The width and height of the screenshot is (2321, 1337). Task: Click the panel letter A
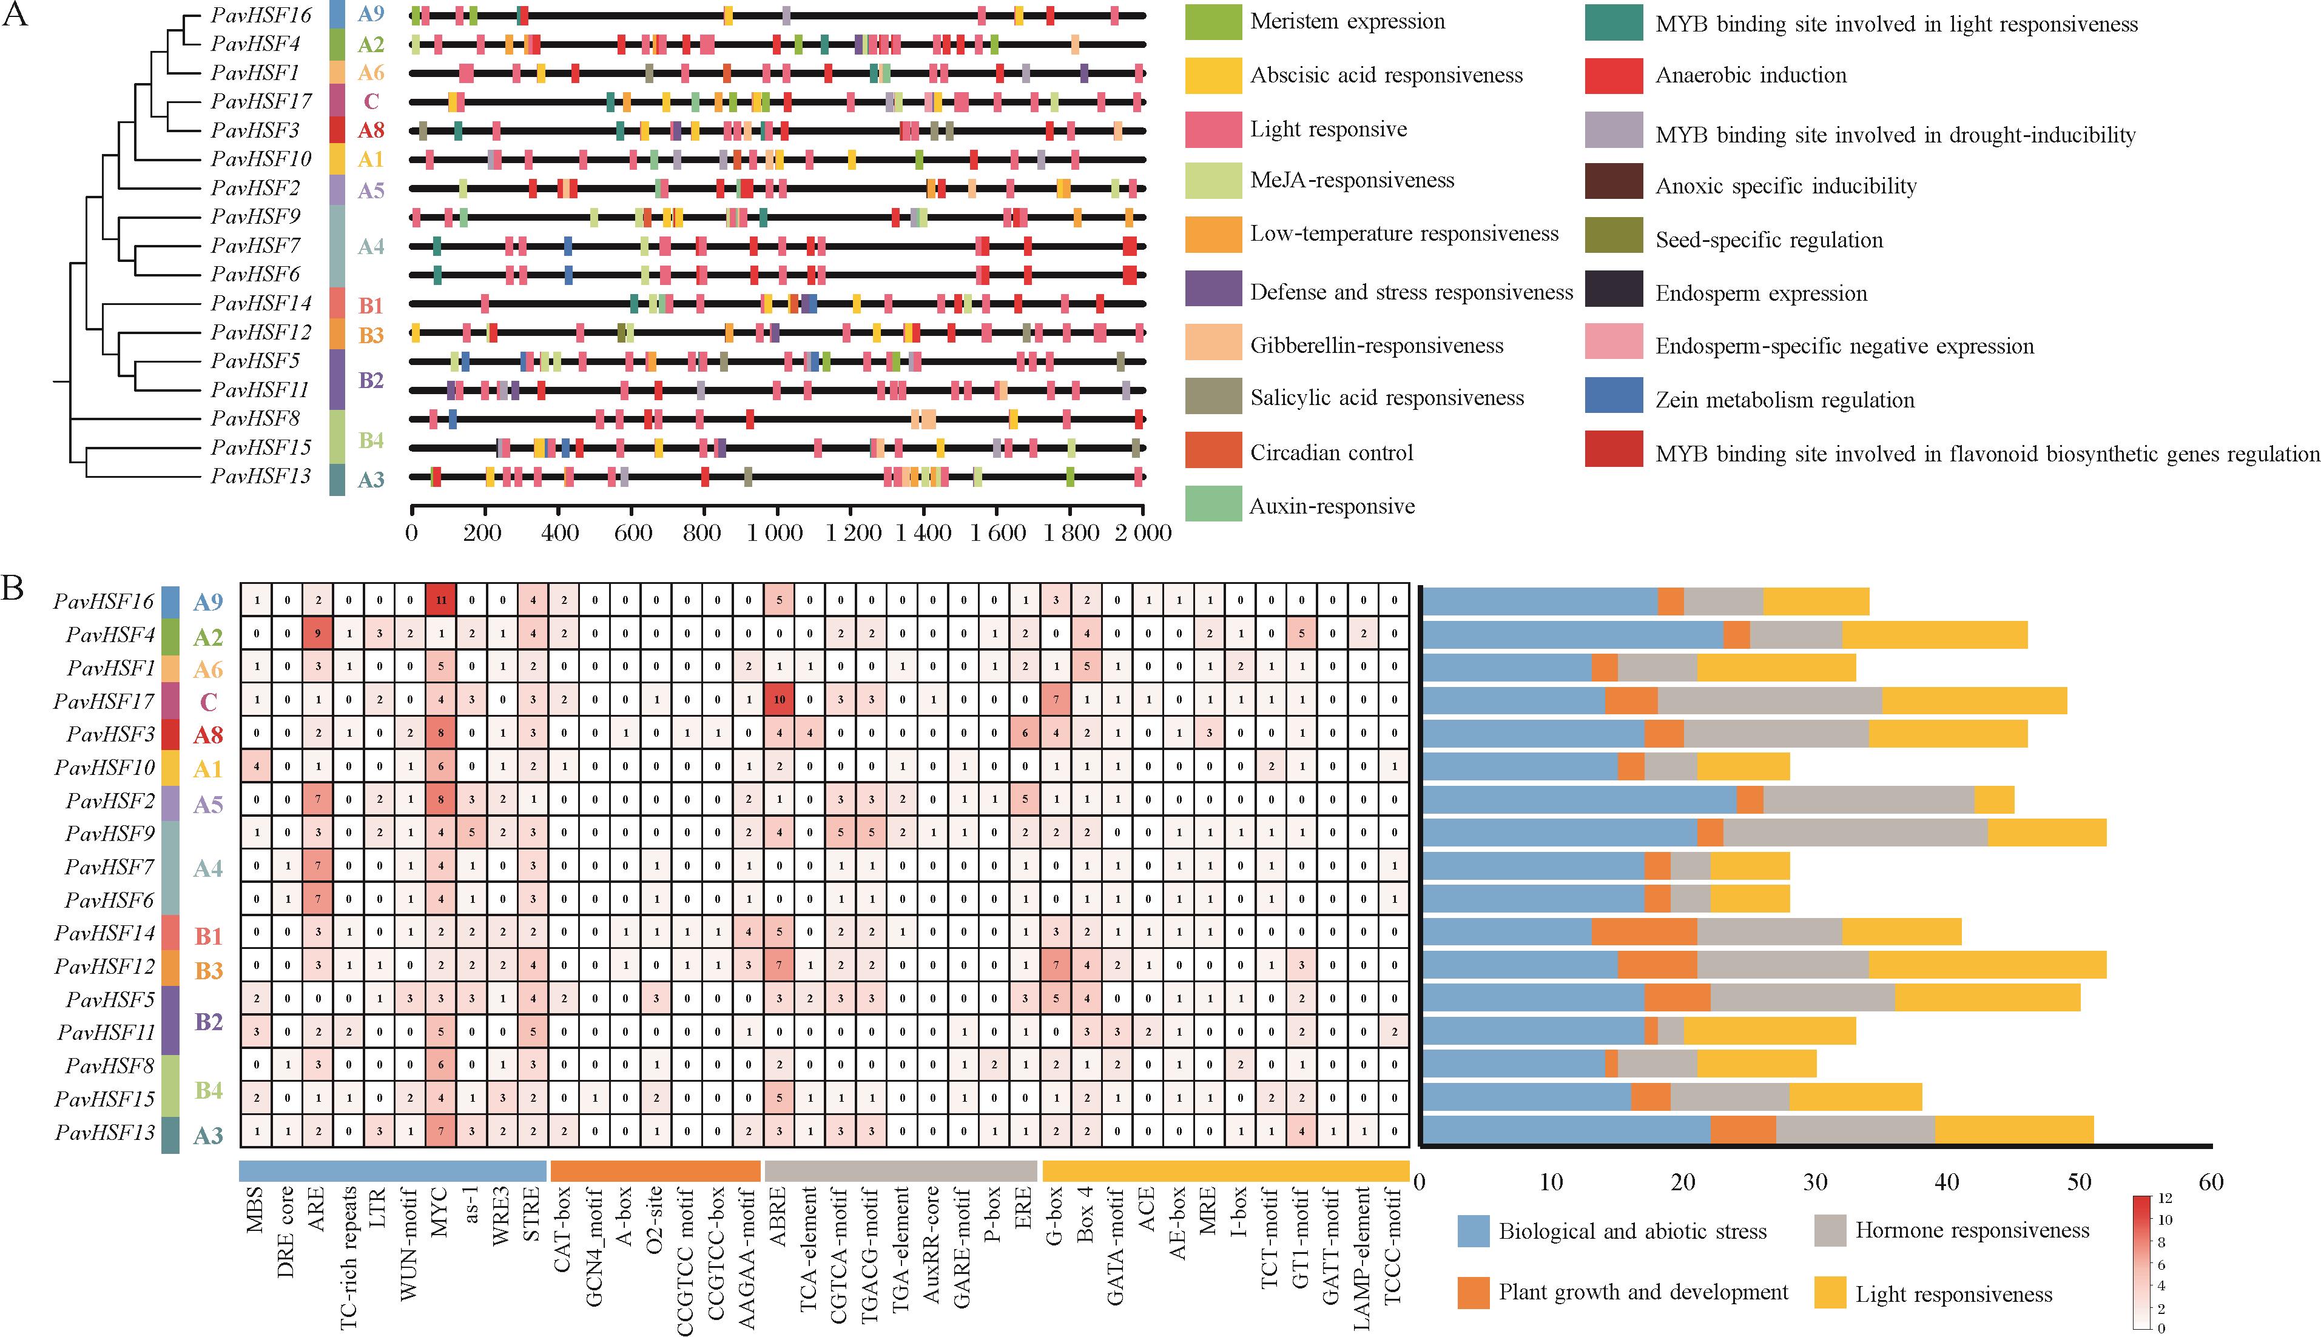[16, 16]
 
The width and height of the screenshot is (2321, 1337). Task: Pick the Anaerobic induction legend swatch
[1614, 75]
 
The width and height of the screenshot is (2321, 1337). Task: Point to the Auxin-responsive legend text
[1332, 506]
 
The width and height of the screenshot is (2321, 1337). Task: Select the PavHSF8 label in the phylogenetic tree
[255, 419]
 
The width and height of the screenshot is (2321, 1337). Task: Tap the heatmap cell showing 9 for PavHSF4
[318, 634]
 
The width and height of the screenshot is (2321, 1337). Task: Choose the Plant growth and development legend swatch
[1472, 1293]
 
